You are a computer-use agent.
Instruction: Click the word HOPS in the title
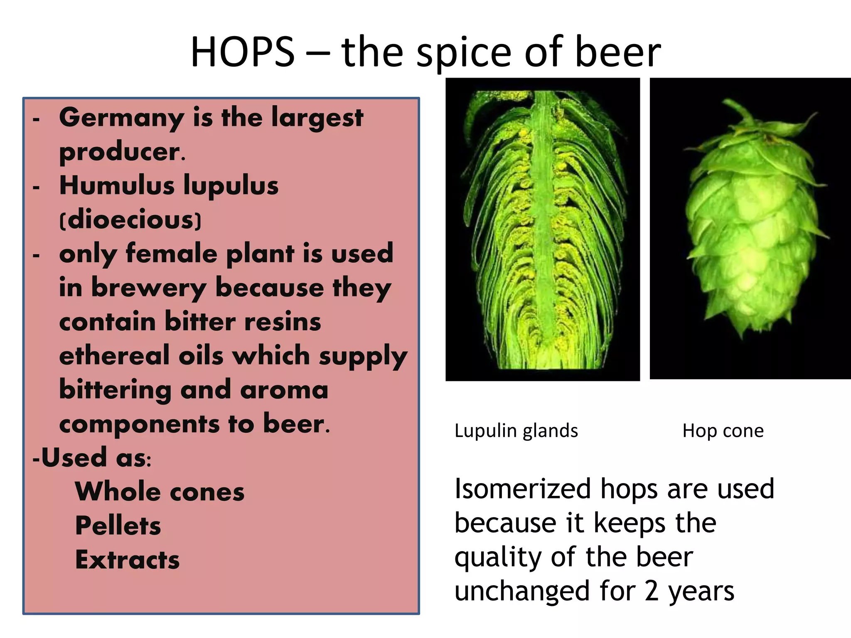click(242, 52)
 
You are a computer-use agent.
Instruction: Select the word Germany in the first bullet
click(121, 118)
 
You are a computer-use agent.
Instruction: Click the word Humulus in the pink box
click(117, 185)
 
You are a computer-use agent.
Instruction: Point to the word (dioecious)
click(130, 220)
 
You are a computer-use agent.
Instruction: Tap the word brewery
click(148, 288)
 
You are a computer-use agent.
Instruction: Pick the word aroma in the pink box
click(284, 390)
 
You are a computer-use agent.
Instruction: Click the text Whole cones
click(160, 492)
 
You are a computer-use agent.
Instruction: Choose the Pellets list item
click(118, 526)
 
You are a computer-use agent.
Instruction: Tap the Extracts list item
click(127, 560)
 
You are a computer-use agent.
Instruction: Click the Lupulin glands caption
click(516, 431)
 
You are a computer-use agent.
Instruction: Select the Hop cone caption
click(723, 431)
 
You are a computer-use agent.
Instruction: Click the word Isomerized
click(522, 489)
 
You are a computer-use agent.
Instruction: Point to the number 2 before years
click(651, 591)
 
